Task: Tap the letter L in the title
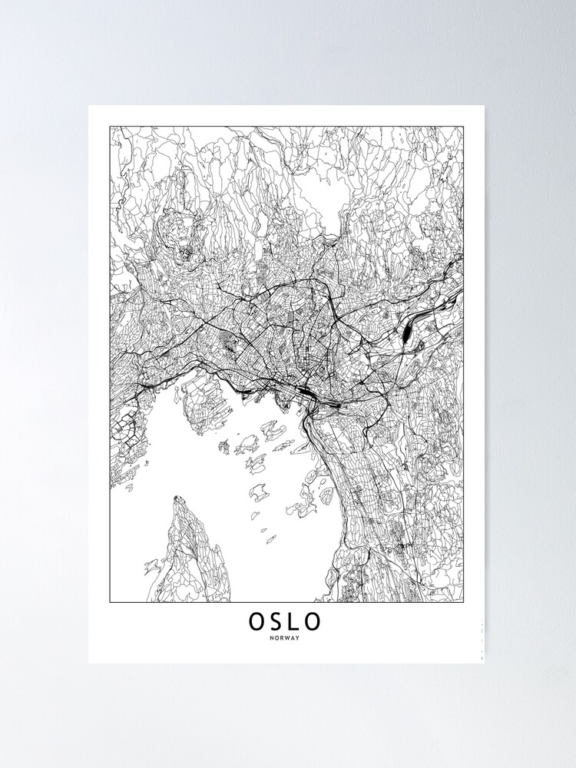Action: point(296,621)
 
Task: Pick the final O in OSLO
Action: point(316,621)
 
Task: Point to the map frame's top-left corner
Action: point(110,127)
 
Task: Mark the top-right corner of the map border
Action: point(464,127)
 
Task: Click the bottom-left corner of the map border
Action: point(110,602)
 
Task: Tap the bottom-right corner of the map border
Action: point(464,602)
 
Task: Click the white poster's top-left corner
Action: point(89,106)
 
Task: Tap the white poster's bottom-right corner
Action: point(485,663)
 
